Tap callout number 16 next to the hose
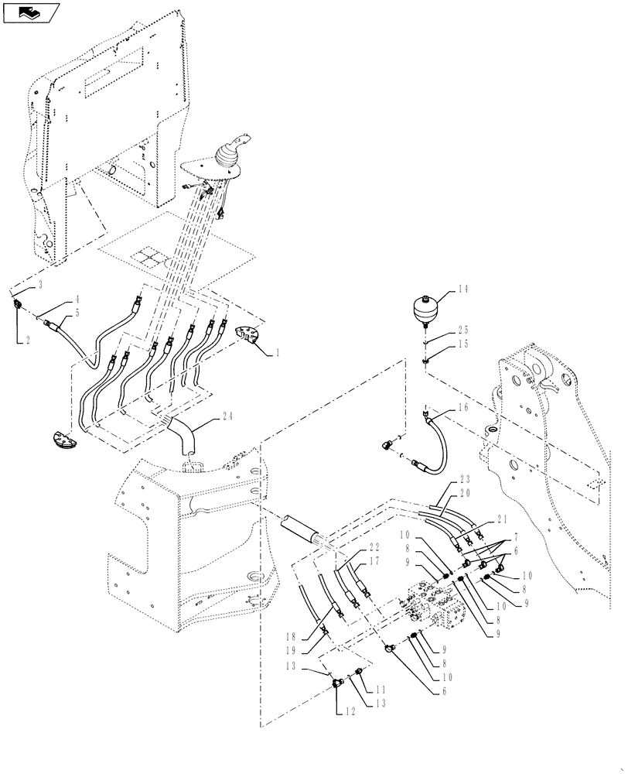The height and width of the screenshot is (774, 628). (x=463, y=406)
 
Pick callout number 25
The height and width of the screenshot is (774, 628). (x=463, y=328)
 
